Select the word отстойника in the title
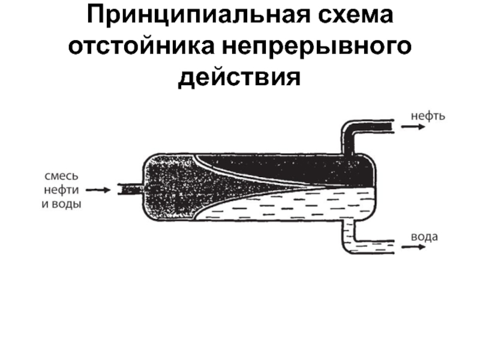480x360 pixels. tap(142, 47)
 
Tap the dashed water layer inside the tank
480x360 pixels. tap(288, 207)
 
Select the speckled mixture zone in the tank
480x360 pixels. tap(171, 186)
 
